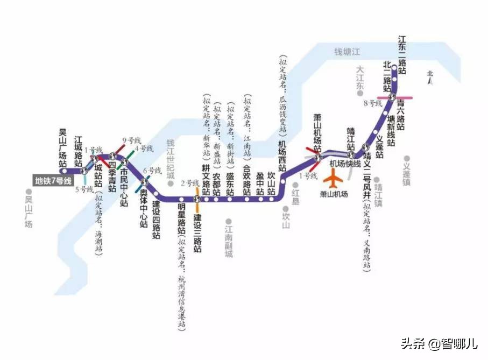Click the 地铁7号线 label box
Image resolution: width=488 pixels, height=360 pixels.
click(53, 181)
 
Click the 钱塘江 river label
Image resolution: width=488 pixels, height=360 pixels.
click(346, 52)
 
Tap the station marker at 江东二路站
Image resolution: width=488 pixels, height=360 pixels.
click(394, 68)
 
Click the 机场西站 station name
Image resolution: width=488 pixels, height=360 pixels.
click(282, 155)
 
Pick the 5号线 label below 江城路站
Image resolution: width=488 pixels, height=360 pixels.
click(84, 189)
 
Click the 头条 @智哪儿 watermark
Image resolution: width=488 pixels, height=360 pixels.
click(438, 343)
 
